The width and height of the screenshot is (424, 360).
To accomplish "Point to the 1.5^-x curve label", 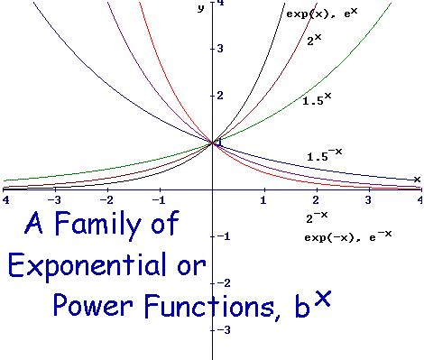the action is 327,155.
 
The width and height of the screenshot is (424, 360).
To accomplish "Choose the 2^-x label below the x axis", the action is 316,217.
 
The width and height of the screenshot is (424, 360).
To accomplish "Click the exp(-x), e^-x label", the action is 347,236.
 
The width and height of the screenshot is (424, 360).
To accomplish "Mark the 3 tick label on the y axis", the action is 219,47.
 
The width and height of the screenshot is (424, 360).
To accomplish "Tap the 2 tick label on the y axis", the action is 219,95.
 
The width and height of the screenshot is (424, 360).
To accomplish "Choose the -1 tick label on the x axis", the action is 159,198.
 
